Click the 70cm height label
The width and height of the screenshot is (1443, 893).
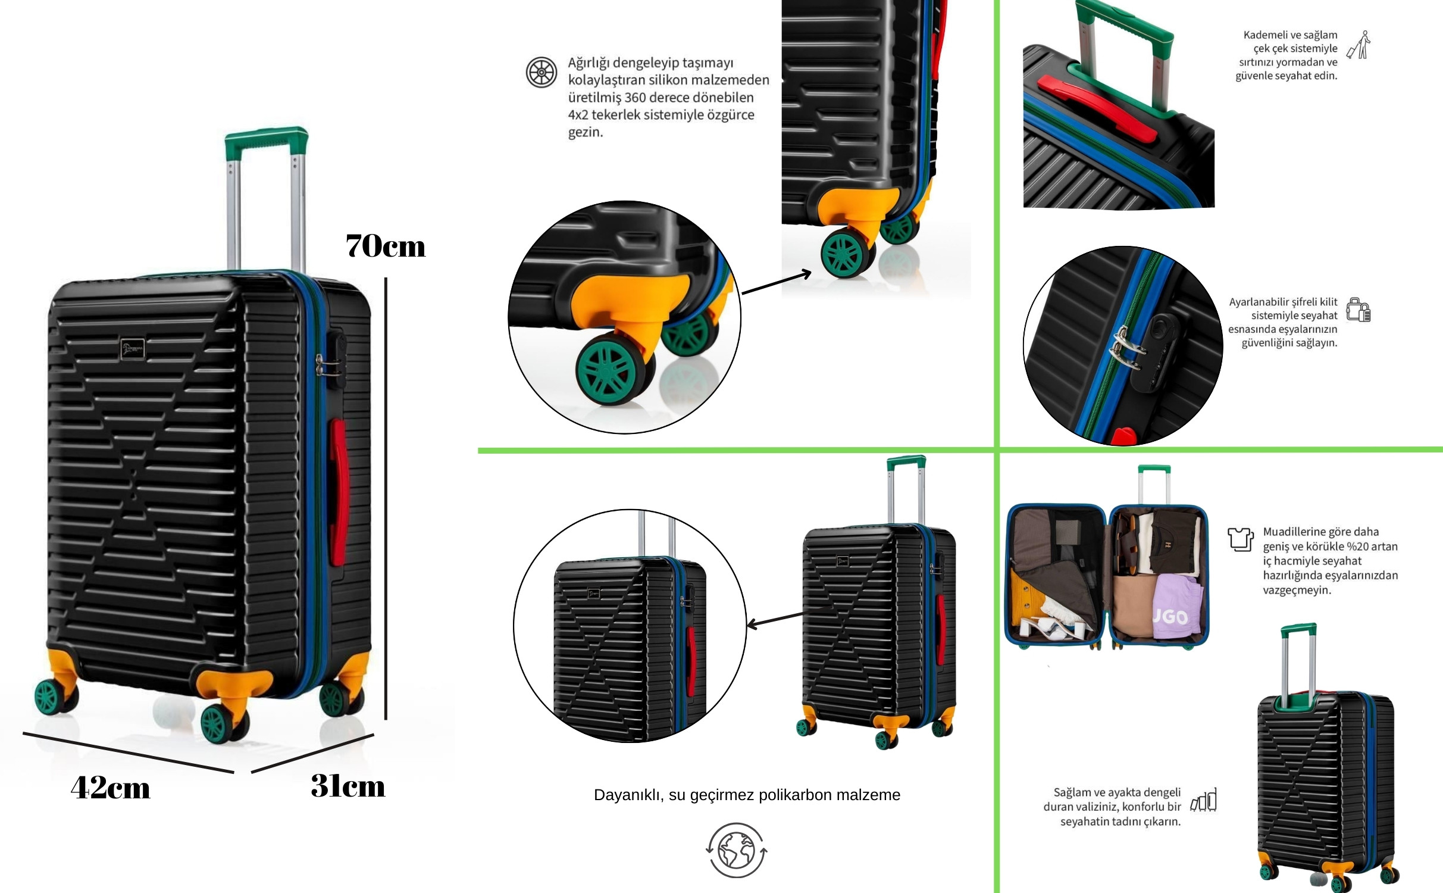(386, 245)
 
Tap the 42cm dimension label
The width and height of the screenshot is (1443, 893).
(111, 787)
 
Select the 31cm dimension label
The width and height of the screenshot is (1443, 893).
(348, 785)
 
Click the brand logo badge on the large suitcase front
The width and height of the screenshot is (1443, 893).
(133, 349)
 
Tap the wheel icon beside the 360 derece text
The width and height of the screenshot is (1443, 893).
(541, 72)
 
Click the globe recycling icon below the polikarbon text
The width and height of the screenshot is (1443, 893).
(737, 850)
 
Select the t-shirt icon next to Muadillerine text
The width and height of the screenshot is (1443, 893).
(1241, 539)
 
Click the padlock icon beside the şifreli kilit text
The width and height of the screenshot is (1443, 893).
(1359, 310)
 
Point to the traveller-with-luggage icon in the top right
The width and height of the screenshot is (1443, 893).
(1359, 45)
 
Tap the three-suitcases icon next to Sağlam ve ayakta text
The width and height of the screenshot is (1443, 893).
(1203, 801)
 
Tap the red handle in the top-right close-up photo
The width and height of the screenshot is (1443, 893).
(1098, 108)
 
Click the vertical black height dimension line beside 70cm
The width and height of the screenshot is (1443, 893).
(386, 499)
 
